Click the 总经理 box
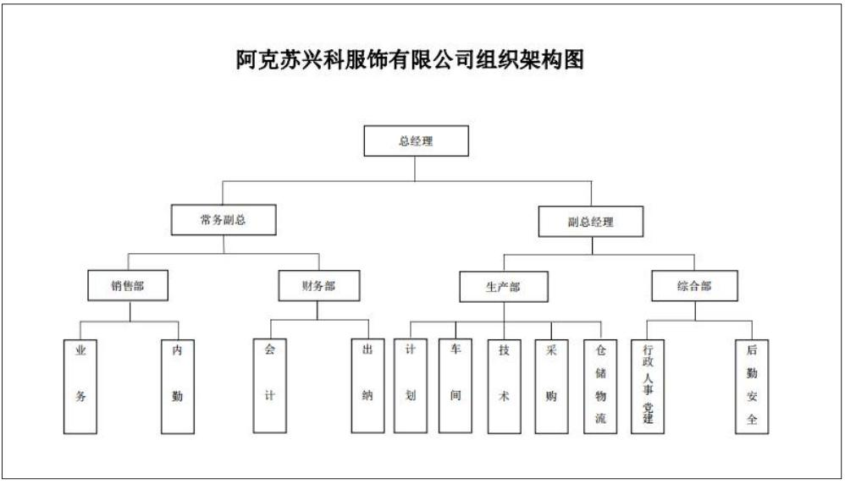(416, 141)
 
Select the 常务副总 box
(224, 220)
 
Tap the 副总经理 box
(591, 222)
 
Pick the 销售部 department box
(128, 285)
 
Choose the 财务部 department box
(319, 285)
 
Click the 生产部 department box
(503, 286)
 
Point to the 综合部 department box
(694, 286)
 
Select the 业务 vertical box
(80, 386)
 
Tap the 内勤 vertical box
(177, 386)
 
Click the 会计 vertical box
(269, 386)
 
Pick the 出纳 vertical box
(367, 386)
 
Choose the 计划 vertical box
(411, 386)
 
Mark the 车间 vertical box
(456, 386)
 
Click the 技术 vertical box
(504, 386)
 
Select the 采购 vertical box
(551, 386)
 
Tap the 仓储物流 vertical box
(600, 386)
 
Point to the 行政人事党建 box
(647, 386)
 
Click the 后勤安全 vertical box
(752, 386)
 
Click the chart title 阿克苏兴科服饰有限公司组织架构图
(410, 59)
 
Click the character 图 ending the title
(573, 59)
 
